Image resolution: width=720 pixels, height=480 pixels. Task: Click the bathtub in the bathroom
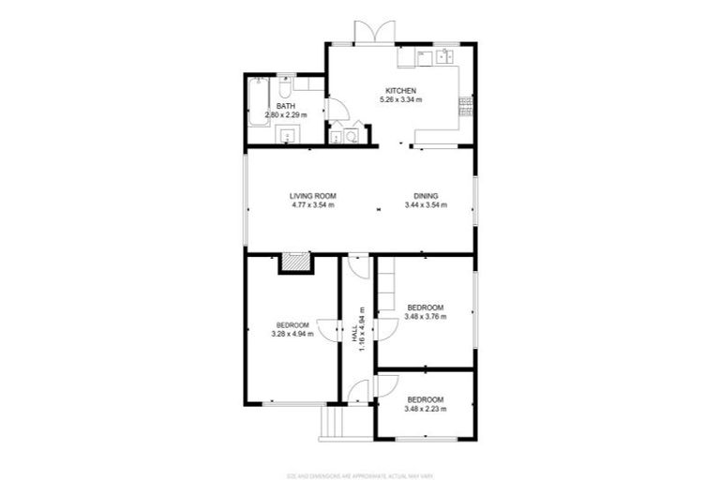click(258, 102)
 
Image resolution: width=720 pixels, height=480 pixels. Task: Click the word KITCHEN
click(400, 90)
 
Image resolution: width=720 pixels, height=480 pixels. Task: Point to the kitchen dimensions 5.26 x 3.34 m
click(400, 99)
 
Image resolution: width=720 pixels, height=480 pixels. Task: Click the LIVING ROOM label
click(312, 195)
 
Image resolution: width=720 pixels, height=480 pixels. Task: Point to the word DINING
click(427, 195)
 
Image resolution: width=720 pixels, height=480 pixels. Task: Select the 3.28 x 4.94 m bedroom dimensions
click(292, 335)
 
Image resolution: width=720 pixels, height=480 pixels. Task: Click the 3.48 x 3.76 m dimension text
click(425, 317)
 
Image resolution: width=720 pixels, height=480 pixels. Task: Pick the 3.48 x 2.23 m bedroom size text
click(425, 409)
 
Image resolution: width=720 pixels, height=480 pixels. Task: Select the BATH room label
click(285, 106)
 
